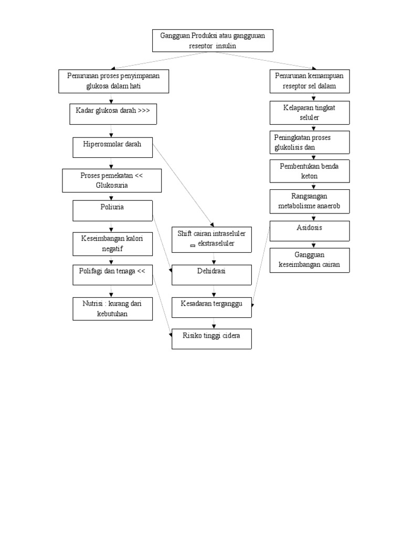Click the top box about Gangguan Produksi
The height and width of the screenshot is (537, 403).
coord(213,40)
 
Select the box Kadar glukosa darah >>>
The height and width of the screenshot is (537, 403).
coord(113,114)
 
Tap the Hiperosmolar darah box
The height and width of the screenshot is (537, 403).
coord(112,147)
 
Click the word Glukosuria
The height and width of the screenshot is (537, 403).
coord(112,185)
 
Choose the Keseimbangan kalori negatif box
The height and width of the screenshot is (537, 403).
coord(112,243)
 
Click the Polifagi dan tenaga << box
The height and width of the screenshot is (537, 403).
coord(112,274)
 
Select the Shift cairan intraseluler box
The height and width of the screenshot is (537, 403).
coord(212,239)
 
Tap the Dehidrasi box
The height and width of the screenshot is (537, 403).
coord(212,275)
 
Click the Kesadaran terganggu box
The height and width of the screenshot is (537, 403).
coord(212,307)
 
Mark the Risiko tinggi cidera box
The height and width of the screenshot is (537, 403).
coord(212,338)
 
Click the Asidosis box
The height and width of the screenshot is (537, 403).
coord(309,231)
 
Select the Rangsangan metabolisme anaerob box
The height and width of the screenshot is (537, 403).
coord(309,201)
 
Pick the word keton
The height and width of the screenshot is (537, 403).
coord(309,176)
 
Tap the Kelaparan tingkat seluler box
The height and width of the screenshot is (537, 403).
coord(309,113)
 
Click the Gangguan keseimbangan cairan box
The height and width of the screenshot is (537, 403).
coord(309,260)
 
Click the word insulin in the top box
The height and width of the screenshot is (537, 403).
coord(224,46)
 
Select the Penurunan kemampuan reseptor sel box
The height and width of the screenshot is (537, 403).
coord(309,81)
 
